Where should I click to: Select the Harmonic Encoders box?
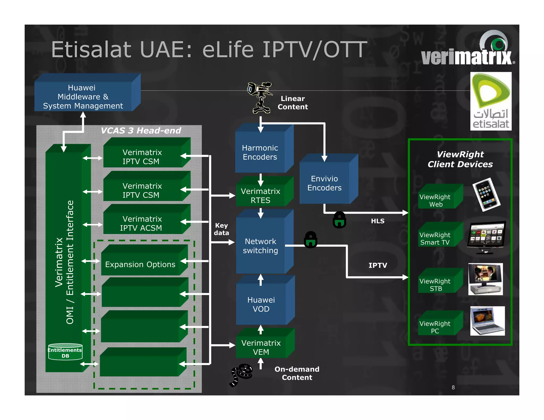click(x=260, y=152)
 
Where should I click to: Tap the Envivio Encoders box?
click(x=324, y=183)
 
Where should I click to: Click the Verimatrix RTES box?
click(x=261, y=196)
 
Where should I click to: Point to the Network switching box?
click(x=261, y=246)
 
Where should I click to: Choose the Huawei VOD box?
click(x=261, y=304)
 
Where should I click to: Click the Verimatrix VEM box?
click(x=261, y=347)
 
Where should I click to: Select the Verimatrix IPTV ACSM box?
click(x=142, y=223)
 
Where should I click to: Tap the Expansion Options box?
click(x=140, y=264)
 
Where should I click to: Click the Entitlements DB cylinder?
click(x=65, y=352)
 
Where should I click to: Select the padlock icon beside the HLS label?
click(x=339, y=220)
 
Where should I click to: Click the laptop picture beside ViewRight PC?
click(x=487, y=321)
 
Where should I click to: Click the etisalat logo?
click(x=491, y=101)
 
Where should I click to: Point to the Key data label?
click(x=222, y=229)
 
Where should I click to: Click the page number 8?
click(x=453, y=387)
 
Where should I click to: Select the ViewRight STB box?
click(x=436, y=285)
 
